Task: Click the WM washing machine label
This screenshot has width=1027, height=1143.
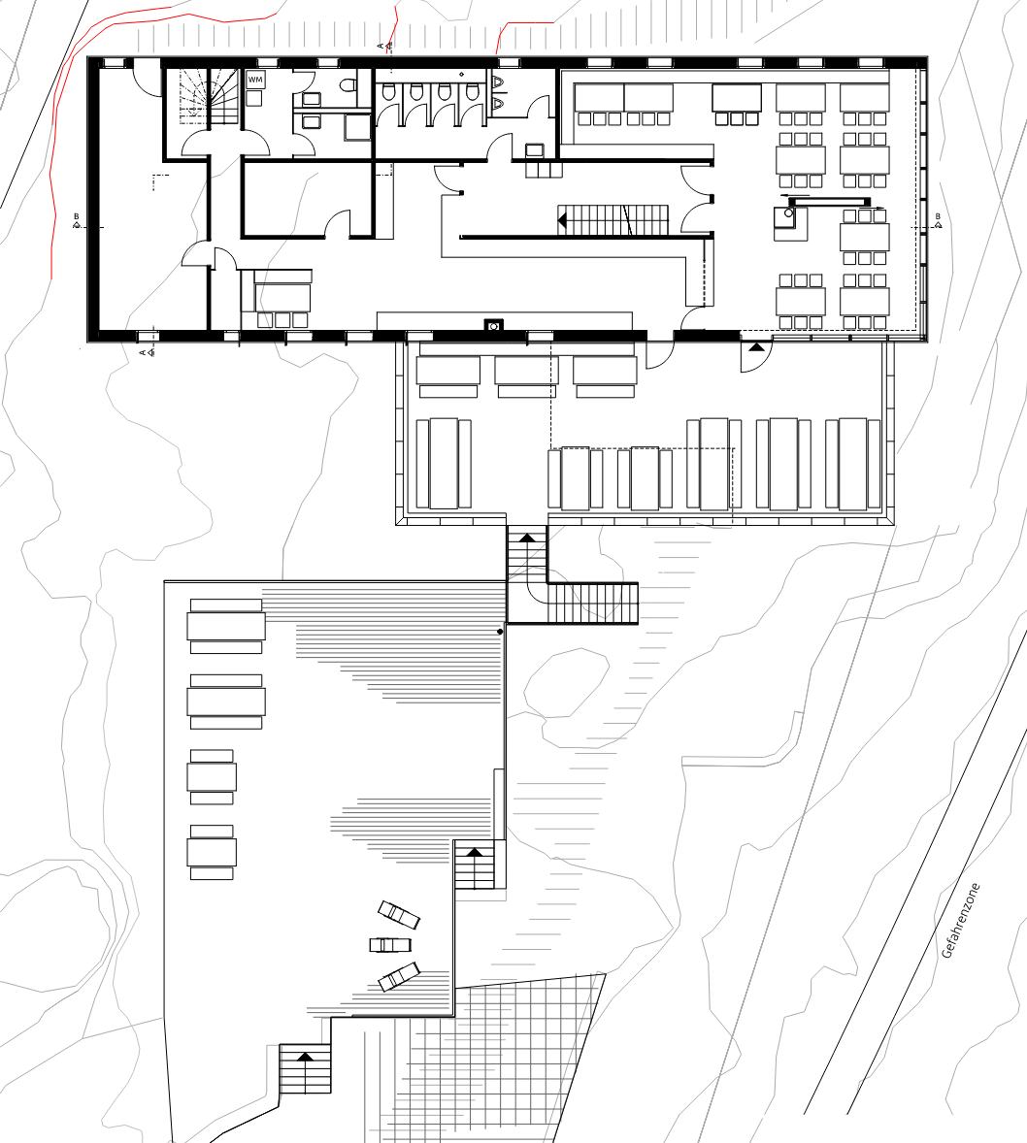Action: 255,80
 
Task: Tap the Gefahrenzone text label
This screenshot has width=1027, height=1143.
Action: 961,921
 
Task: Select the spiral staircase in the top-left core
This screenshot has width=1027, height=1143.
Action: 210,96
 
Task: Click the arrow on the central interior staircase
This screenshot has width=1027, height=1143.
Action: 563,218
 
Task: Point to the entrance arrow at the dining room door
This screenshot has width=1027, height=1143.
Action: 756,347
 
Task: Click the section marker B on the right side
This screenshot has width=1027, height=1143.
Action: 938,221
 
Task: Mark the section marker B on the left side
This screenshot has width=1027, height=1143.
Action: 76,221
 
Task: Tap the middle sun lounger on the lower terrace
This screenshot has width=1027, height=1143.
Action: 391,945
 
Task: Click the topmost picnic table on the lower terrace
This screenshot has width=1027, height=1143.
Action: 226,626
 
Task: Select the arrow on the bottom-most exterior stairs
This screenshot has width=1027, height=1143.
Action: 305,1056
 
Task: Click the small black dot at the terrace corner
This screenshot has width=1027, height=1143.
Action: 500,632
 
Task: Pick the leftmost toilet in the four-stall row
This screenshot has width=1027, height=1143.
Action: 389,91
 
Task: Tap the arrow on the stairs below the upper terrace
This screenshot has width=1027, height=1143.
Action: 527,538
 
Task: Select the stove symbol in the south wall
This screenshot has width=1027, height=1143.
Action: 494,325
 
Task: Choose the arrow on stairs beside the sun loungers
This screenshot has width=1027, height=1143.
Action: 475,851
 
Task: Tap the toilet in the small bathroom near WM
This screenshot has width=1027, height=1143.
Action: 348,84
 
